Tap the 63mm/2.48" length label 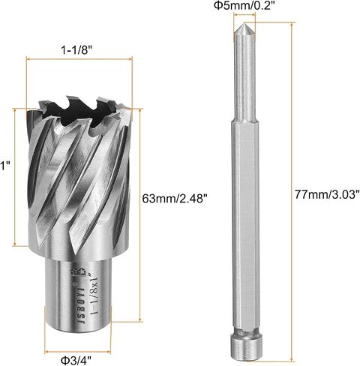click(175, 199)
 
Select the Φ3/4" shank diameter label click(76, 361)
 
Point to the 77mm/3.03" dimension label click(327, 194)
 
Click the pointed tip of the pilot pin click(244, 23)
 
